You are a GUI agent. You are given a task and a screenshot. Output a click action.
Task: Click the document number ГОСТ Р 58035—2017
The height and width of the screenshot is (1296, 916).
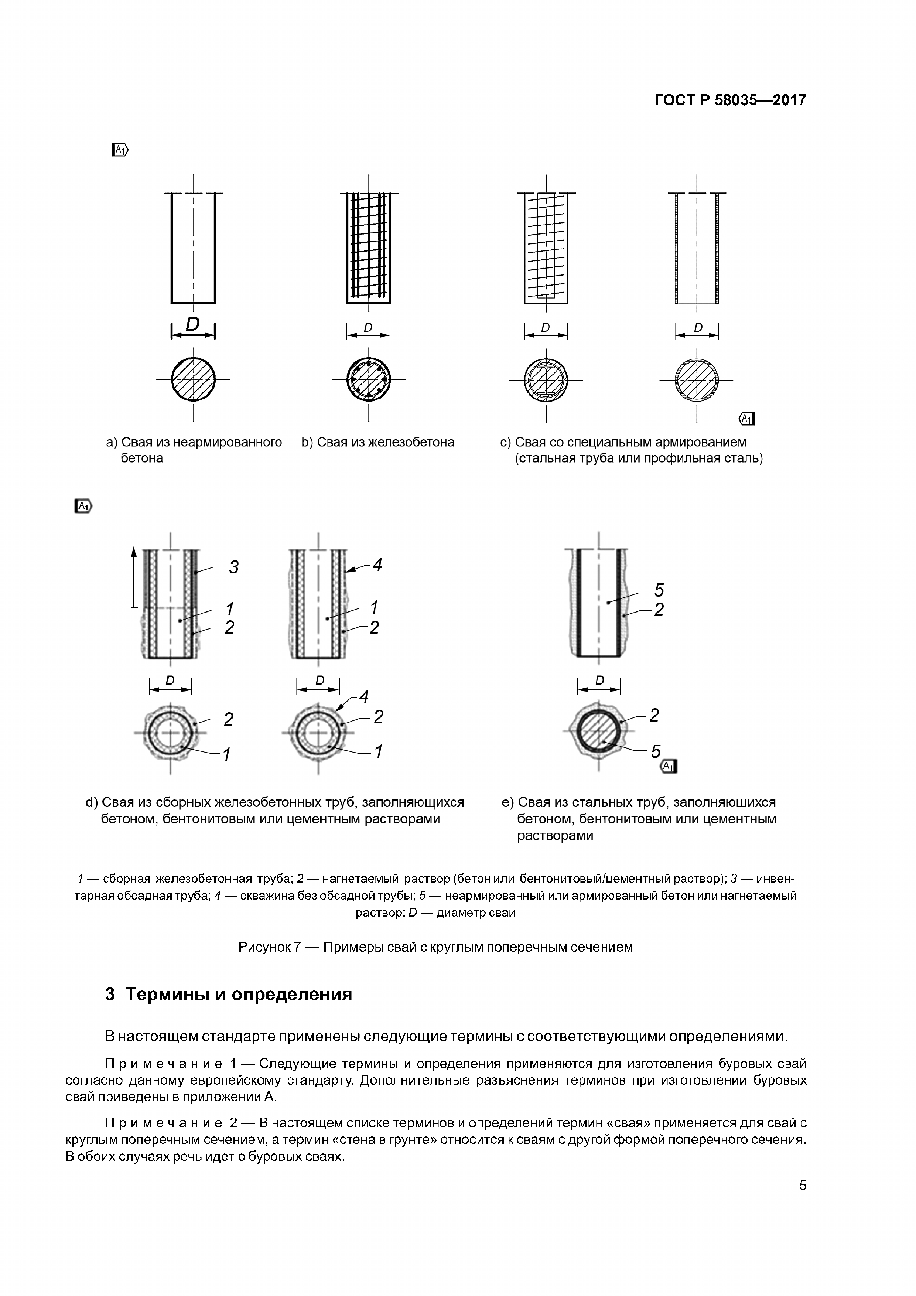730,100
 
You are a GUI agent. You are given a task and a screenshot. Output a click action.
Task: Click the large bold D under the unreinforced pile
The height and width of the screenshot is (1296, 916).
193,325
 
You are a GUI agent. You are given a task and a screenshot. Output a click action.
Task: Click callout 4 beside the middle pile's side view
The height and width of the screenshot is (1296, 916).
377,565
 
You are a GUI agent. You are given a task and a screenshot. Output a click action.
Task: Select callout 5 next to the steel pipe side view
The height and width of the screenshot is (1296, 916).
659,590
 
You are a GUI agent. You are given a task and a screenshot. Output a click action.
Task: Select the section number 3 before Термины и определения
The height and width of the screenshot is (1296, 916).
110,994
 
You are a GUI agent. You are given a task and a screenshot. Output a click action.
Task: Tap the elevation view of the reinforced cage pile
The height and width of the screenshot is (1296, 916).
369,248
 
